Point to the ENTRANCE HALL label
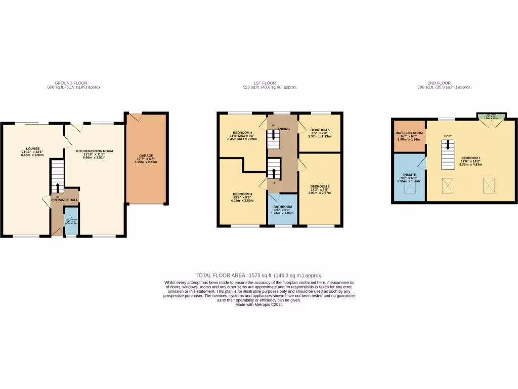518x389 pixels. tap(65, 200)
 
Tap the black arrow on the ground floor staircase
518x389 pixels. tap(58, 187)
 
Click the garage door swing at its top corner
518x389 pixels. tap(134, 117)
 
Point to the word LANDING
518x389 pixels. tap(283, 129)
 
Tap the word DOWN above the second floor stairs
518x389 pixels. tap(448, 136)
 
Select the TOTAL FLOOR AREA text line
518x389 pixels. tap(258, 275)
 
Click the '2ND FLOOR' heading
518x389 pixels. tap(439, 83)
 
